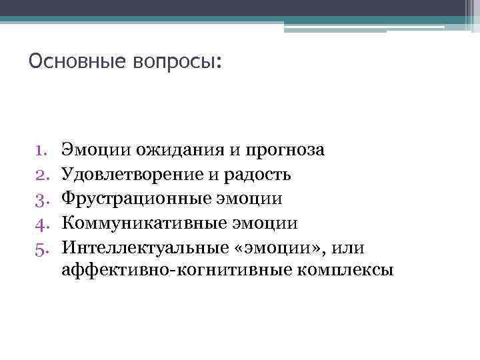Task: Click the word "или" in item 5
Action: coord(350,247)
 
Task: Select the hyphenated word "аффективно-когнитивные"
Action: coord(165,271)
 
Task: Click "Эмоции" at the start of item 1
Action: coord(85,150)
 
